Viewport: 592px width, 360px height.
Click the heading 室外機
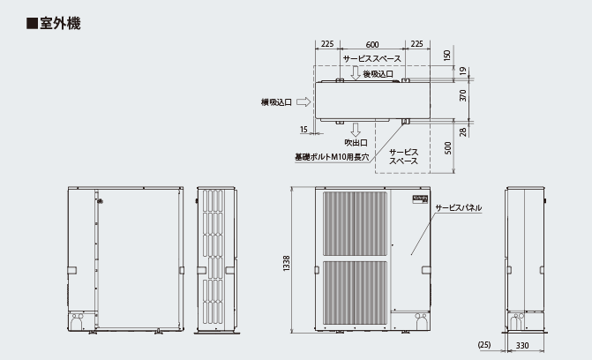(x=60, y=24)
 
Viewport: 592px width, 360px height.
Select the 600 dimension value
(x=372, y=45)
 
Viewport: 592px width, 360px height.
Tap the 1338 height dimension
(x=287, y=263)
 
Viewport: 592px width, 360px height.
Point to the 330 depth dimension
(x=522, y=345)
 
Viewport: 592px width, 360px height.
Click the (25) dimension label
(x=484, y=344)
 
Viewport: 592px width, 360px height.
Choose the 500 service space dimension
(x=448, y=147)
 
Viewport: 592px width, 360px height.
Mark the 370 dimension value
(x=463, y=95)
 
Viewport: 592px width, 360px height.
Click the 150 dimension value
(x=447, y=56)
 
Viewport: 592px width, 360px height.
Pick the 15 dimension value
(x=303, y=130)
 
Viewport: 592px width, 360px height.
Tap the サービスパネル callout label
(x=459, y=207)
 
